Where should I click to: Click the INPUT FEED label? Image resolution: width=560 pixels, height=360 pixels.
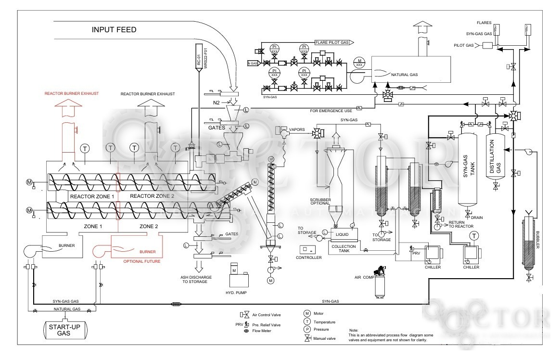tap(114, 30)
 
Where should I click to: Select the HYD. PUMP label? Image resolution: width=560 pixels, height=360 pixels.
tap(236, 293)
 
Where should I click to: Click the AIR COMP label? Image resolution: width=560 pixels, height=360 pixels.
tap(364, 277)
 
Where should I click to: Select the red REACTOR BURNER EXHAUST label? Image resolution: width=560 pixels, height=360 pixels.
tap(71, 93)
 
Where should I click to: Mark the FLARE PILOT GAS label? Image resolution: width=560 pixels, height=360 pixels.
tap(332, 42)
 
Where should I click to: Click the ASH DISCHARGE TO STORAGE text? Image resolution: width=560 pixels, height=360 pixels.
tap(194, 279)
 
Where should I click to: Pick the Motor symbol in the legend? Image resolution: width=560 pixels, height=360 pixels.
tap(306, 313)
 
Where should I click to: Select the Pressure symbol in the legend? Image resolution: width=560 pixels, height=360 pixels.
tap(306, 330)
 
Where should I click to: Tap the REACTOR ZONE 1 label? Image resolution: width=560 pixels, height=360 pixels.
tap(91, 196)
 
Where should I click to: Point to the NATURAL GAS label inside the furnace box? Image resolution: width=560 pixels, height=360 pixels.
tap(405, 75)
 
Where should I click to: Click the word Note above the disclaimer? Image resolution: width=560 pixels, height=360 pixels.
tap(354, 330)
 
